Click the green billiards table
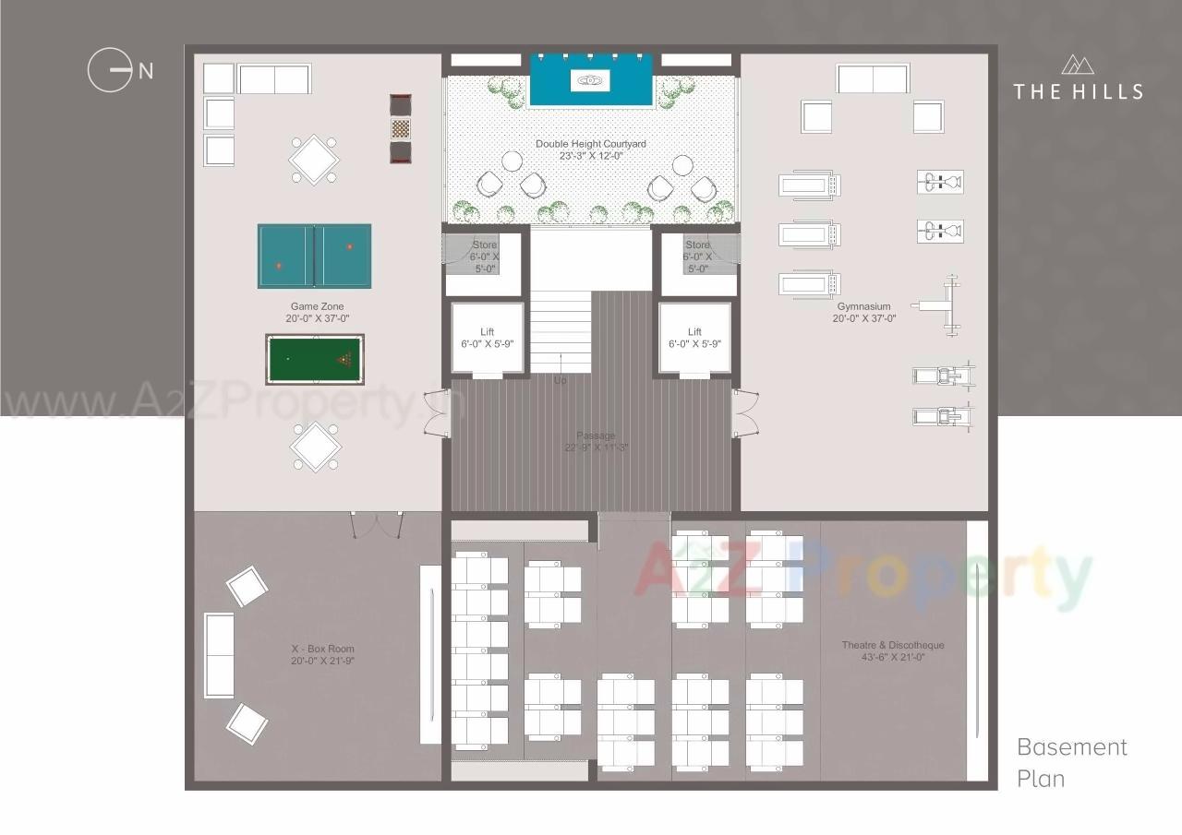[314, 359]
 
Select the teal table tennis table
[314, 256]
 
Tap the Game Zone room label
[317, 312]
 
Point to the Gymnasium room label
[863, 312]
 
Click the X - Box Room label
[322, 654]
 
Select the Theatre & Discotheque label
[892, 650]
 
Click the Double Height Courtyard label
[590, 149]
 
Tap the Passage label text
[596, 441]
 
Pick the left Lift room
[487, 338]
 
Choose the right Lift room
[694, 338]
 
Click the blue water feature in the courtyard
[591, 80]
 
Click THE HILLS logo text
[1078, 91]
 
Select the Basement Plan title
[1071, 762]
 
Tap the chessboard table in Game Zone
[400, 128]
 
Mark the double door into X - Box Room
[376, 524]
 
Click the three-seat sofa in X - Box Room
[219, 654]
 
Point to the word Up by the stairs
[560, 380]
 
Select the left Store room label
[484, 256]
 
